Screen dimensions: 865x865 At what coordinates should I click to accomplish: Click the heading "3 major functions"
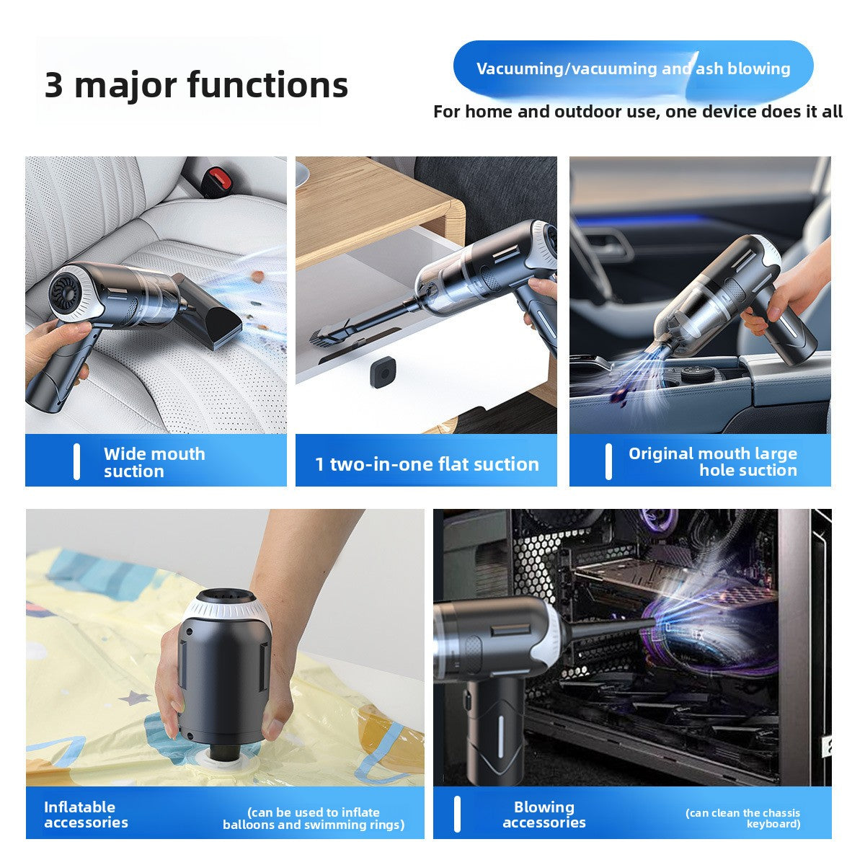coord(196,84)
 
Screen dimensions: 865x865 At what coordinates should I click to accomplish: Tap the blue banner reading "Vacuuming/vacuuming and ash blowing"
coord(633,69)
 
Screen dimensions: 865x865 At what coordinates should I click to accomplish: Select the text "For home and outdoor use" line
coord(637,112)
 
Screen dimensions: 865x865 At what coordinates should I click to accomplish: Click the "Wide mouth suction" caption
coord(154,462)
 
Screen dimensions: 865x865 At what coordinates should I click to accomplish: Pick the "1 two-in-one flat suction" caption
coord(427,463)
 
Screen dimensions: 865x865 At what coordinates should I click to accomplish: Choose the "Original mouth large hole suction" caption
coord(712,461)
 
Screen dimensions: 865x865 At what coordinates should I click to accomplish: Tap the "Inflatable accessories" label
coord(86,815)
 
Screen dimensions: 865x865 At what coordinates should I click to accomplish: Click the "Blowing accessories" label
coord(544,815)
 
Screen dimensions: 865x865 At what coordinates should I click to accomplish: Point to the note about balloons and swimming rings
coord(314,818)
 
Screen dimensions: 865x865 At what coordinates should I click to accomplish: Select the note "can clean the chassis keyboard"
coord(742,818)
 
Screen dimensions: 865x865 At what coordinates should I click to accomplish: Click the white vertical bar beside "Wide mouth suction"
coord(76,462)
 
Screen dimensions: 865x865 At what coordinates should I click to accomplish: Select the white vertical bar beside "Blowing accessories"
coord(457,815)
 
